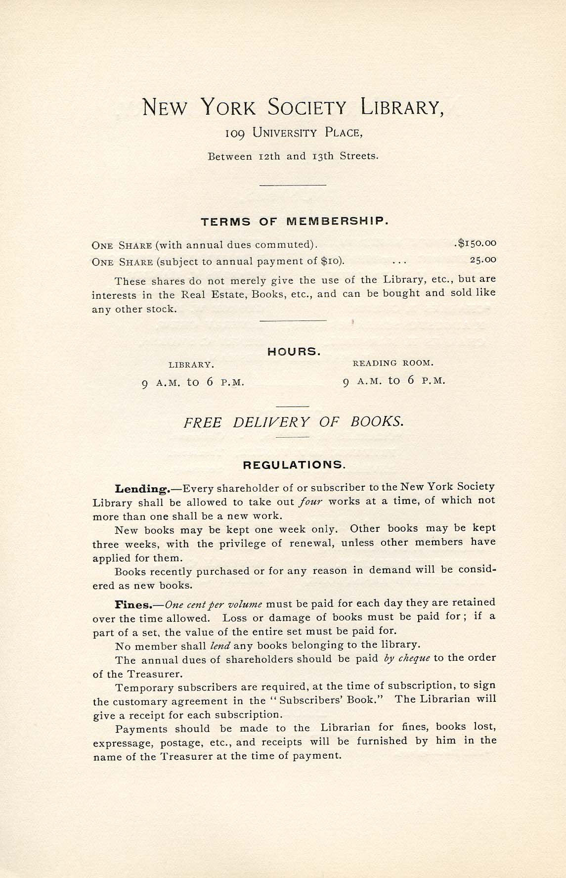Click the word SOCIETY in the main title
pyautogui.click(x=307, y=107)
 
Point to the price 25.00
pyautogui.click(x=483, y=259)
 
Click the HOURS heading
pyautogui.click(x=294, y=352)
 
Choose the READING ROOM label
pyautogui.click(x=393, y=363)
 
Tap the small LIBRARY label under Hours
pyautogui.click(x=191, y=365)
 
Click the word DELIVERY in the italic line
pyautogui.click(x=271, y=422)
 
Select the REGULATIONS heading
pyautogui.click(x=294, y=465)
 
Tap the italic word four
pyautogui.click(x=311, y=501)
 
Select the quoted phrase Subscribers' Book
pyautogui.click(x=326, y=700)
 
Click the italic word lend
pyautogui.click(x=220, y=645)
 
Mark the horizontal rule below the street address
pyautogui.click(x=293, y=185)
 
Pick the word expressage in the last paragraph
pyautogui.click(x=119, y=742)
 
